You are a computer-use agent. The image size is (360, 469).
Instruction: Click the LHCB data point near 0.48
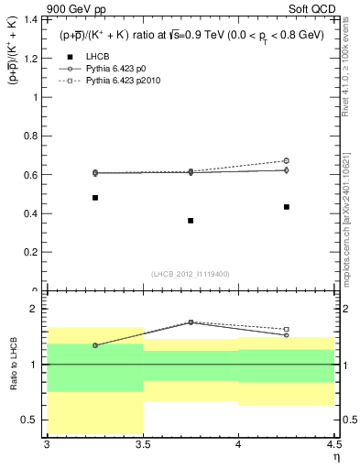pyautogui.click(x=95, y=198)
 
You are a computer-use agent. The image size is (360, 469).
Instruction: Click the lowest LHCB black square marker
pyautogui.click(x=191, y=221)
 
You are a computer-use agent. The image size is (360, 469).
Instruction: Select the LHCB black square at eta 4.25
pyautogui.click(x=287, y=207)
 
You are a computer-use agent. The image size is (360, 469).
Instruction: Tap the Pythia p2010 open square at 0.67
pyautogui.click(x=287, y=161)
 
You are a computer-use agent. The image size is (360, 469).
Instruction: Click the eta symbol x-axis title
pyautogui.click(x=334, y=458)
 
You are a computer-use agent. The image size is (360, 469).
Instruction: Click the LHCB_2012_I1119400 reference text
pyautogui.click(x=191, y=273)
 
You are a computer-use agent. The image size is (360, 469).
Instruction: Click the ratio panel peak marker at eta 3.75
pyautogui.click(x=191, y=322)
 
